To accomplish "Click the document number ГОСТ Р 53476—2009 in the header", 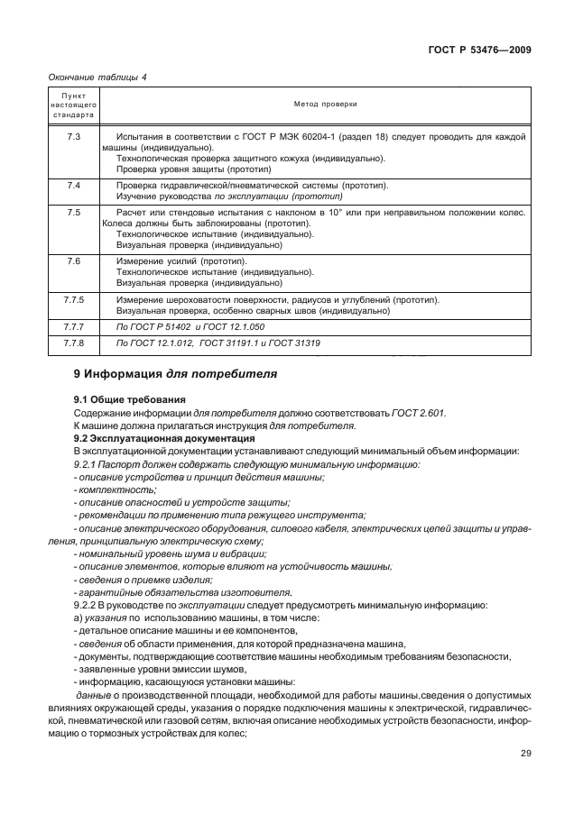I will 478,50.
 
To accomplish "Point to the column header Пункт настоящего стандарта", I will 74,105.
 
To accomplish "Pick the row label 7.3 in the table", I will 74,136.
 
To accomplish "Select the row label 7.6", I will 74,261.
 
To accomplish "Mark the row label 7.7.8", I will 74,343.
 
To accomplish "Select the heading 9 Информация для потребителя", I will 175,373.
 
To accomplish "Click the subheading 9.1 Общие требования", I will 130,399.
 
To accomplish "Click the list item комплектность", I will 112,489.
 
